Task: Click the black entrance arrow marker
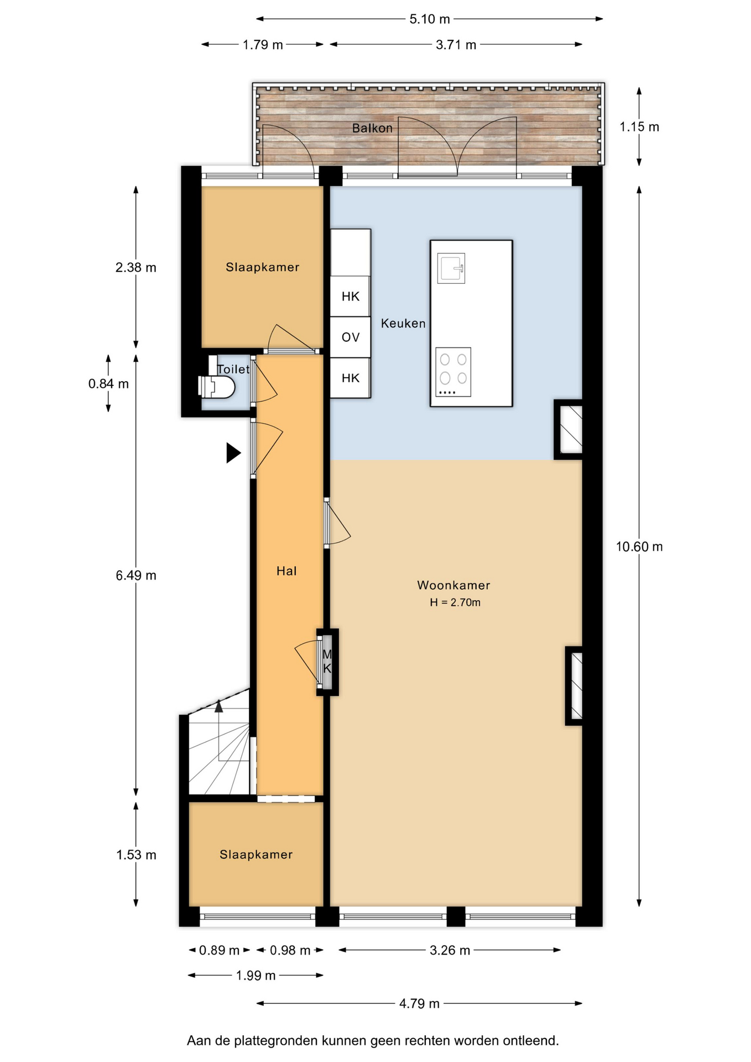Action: click(x=233, y=452)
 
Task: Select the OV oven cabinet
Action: click(x=351, y=337)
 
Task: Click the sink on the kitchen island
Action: click(x=451, y=268)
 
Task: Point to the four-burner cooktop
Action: click(x=453, y=372)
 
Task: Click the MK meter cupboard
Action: click(x=327, y=662)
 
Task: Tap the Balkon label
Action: click(x=372, y=128)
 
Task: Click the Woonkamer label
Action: click(x=453, y=585)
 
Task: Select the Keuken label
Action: click(x=403, y=323)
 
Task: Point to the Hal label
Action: click(x=286, y=571)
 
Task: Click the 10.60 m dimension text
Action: click(x=639, y=546)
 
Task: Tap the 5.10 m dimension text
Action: click(x=430, y=19)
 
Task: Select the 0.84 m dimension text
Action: click(x=108, y=383)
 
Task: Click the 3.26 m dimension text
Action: click(x=450, y=950)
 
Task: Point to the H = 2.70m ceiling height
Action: click(x=455, y=602)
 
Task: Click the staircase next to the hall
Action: click(x=219, y=747)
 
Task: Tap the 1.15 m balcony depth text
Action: click(x=639, y=127)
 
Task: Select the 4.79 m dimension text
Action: click(x=419, y=1003)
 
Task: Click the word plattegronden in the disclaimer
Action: click(x=273, y=1041)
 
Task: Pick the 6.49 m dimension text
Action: click(x=136, y=575)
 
